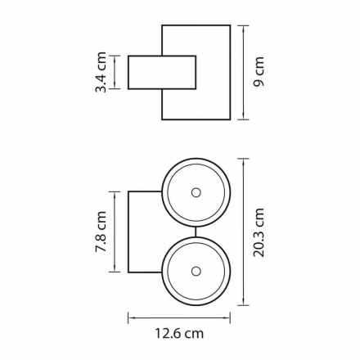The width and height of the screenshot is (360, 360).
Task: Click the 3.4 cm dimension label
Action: [x=101, y=72]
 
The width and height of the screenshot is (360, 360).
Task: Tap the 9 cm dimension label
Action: [x=259, y=72]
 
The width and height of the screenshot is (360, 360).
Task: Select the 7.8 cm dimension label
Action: [x=101, y=232]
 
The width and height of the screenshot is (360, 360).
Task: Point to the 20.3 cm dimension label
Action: [x=259, y=232]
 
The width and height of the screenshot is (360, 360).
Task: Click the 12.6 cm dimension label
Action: [x=179, y=333]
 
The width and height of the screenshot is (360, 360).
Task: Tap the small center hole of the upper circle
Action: [x=196, y=192]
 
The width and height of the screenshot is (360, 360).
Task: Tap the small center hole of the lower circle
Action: [x=196, y=272]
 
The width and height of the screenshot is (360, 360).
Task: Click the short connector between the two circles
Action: [x=196, y=232]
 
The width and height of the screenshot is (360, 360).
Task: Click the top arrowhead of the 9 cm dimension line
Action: [x=243, y=28]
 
